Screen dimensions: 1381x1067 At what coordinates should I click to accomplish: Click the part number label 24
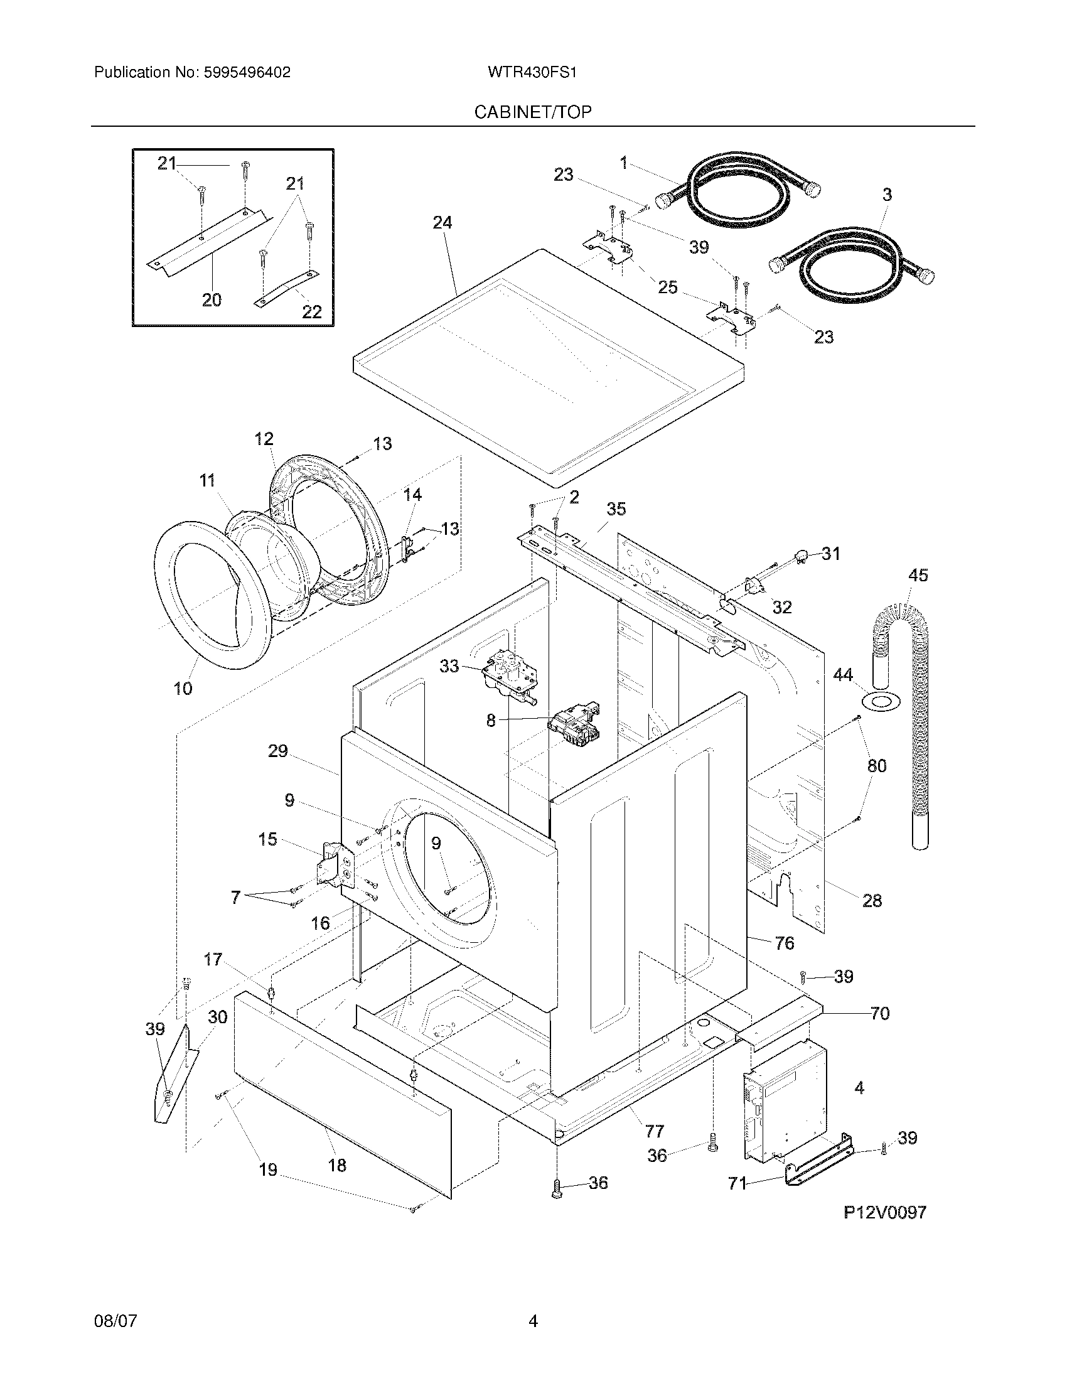point(442,223)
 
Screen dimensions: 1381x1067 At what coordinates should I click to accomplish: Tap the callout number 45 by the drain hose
point(918,576)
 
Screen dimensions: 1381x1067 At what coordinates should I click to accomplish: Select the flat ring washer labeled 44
point(879,701)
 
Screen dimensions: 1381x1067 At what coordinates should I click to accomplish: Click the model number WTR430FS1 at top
point(532,73)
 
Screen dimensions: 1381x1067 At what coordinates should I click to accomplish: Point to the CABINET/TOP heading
point(533,112)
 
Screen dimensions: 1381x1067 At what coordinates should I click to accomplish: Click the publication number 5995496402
point(247,73)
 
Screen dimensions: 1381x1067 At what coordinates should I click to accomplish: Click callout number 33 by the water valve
point(449,666)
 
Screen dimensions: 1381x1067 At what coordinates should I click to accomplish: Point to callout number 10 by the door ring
point(183,689)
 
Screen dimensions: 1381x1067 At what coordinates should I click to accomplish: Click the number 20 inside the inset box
point(212,299)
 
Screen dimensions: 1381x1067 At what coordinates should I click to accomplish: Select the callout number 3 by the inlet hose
point(887,195)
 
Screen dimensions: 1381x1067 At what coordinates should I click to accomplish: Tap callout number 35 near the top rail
point(616,509)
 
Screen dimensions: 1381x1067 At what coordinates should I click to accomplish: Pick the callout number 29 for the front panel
point(277,751)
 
